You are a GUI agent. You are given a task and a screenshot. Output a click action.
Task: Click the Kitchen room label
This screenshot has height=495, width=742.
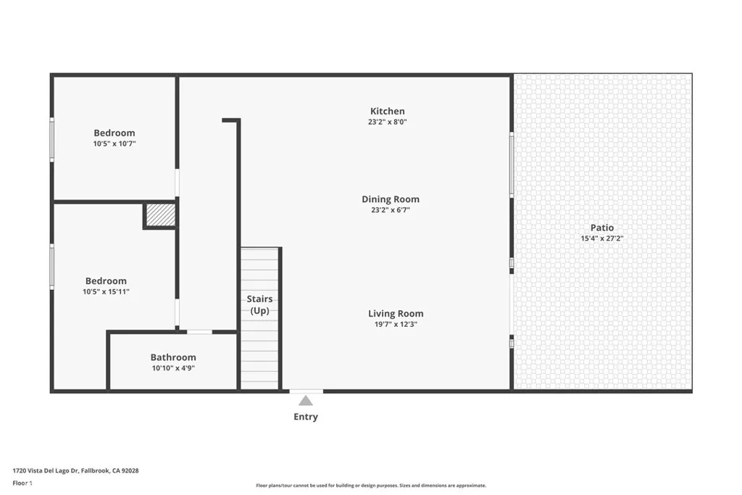click(x=388, y=111)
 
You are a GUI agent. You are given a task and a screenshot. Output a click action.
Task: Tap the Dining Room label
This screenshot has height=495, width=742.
click(x=391, y=199)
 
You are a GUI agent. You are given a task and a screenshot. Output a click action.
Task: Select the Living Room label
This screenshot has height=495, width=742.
click(x=396, y=314)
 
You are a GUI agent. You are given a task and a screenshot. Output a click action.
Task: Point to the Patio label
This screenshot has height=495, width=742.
click(x=601, y=228)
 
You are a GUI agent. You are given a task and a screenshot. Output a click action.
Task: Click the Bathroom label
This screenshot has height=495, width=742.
click(x=173, y=357)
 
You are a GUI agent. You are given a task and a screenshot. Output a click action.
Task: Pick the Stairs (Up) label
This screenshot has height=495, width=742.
click(x=259, y=304)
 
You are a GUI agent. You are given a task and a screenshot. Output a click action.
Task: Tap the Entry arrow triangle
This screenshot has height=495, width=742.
click(x=306, y=400)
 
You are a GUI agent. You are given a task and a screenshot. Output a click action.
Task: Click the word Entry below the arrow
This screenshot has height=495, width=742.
click(x=306, y=417)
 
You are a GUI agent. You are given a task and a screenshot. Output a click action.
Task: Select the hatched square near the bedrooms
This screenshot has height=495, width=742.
click(x=160, y=215)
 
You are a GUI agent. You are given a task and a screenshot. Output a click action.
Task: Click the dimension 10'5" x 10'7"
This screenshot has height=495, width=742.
click(x=114, y=143)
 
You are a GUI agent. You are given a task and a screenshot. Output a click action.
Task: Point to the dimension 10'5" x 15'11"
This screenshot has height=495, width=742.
click(x=107, y=291)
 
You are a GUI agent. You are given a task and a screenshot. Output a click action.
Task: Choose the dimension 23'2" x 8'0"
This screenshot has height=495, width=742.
click(x=388, y=122)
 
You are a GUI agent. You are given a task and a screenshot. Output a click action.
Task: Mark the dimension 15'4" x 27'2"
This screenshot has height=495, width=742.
click(x=601, y=238)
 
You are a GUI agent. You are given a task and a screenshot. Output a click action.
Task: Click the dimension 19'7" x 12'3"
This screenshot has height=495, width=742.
click(x=396, y=325)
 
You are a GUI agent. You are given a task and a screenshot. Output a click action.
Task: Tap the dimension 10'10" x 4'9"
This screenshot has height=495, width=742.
click(x=173, y=368)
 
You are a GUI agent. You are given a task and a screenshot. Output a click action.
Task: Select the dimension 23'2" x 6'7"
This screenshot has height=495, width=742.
click(x=391, y=210)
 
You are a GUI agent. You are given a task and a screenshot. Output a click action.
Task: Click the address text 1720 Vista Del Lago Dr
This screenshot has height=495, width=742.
click(x=75, y=470)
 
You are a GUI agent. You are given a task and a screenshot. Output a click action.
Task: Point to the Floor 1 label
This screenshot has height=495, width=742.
click(x=23, y=483)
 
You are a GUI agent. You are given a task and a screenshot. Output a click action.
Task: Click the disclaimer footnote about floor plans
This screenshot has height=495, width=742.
click(x=371, y=486)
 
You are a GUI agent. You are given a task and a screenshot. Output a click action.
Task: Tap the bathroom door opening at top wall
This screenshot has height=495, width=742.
click(x=199, y=332)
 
